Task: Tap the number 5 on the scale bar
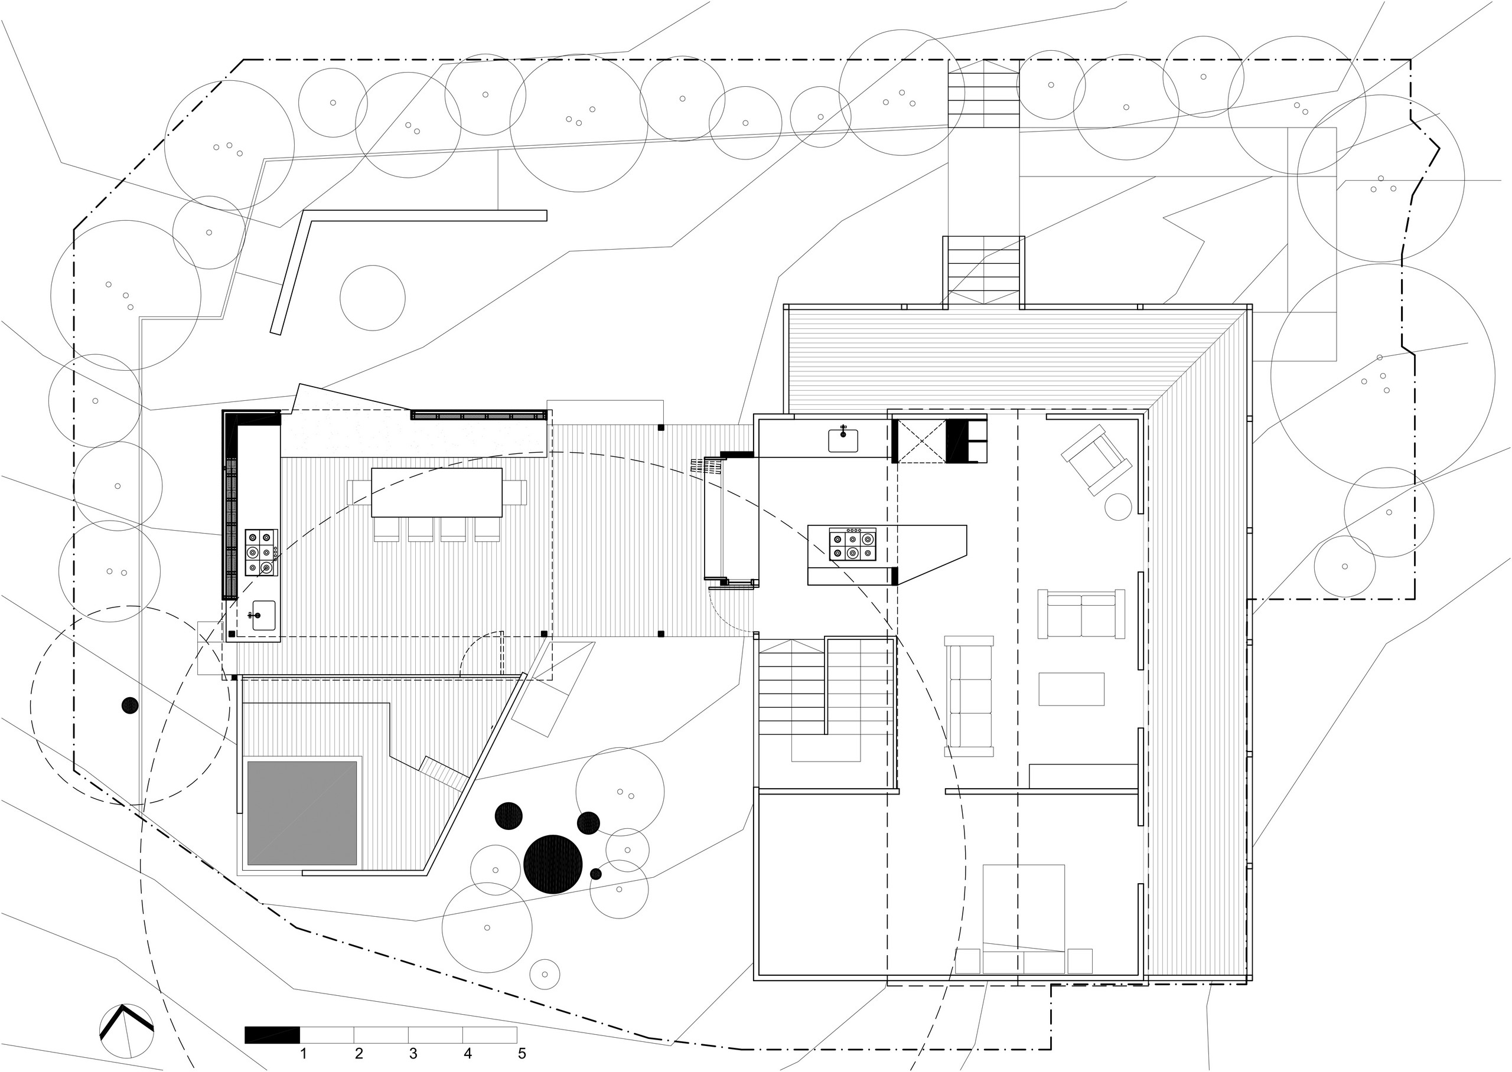[522, 1054]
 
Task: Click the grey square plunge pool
[302, 813]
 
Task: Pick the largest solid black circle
[553, 864]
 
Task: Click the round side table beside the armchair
[1119, 506]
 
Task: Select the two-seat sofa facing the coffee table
[1081, 614]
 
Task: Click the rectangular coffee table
[1071, 689]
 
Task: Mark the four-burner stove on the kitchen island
[853, 545]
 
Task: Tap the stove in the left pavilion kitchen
[262, 553]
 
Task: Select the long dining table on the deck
[436, 492]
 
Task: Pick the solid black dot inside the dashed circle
[130, 705]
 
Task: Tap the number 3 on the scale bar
[413, 1054]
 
